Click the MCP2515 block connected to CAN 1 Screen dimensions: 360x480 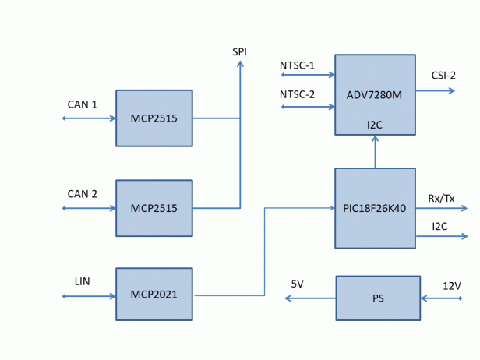coord(154,118)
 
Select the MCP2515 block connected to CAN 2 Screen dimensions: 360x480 coord(154,208)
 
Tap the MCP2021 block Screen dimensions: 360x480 coord(154,295)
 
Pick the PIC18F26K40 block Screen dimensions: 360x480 coord(374,208)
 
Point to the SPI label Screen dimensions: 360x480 coord(240,52)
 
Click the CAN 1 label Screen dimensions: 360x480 coord(83,104)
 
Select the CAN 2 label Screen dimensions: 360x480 coord(83,194)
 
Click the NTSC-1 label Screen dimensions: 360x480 coord(297,65)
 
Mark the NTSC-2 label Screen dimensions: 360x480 coord(297,94)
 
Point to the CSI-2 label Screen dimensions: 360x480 coord(443,76)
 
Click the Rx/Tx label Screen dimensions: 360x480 coord(443,198)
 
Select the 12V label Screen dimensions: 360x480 coord(452,285)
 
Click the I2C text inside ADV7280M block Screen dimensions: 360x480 coord(375,125)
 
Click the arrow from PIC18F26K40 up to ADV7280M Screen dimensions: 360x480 coord(375,152)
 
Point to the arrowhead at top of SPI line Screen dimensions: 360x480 coord(240,65)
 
